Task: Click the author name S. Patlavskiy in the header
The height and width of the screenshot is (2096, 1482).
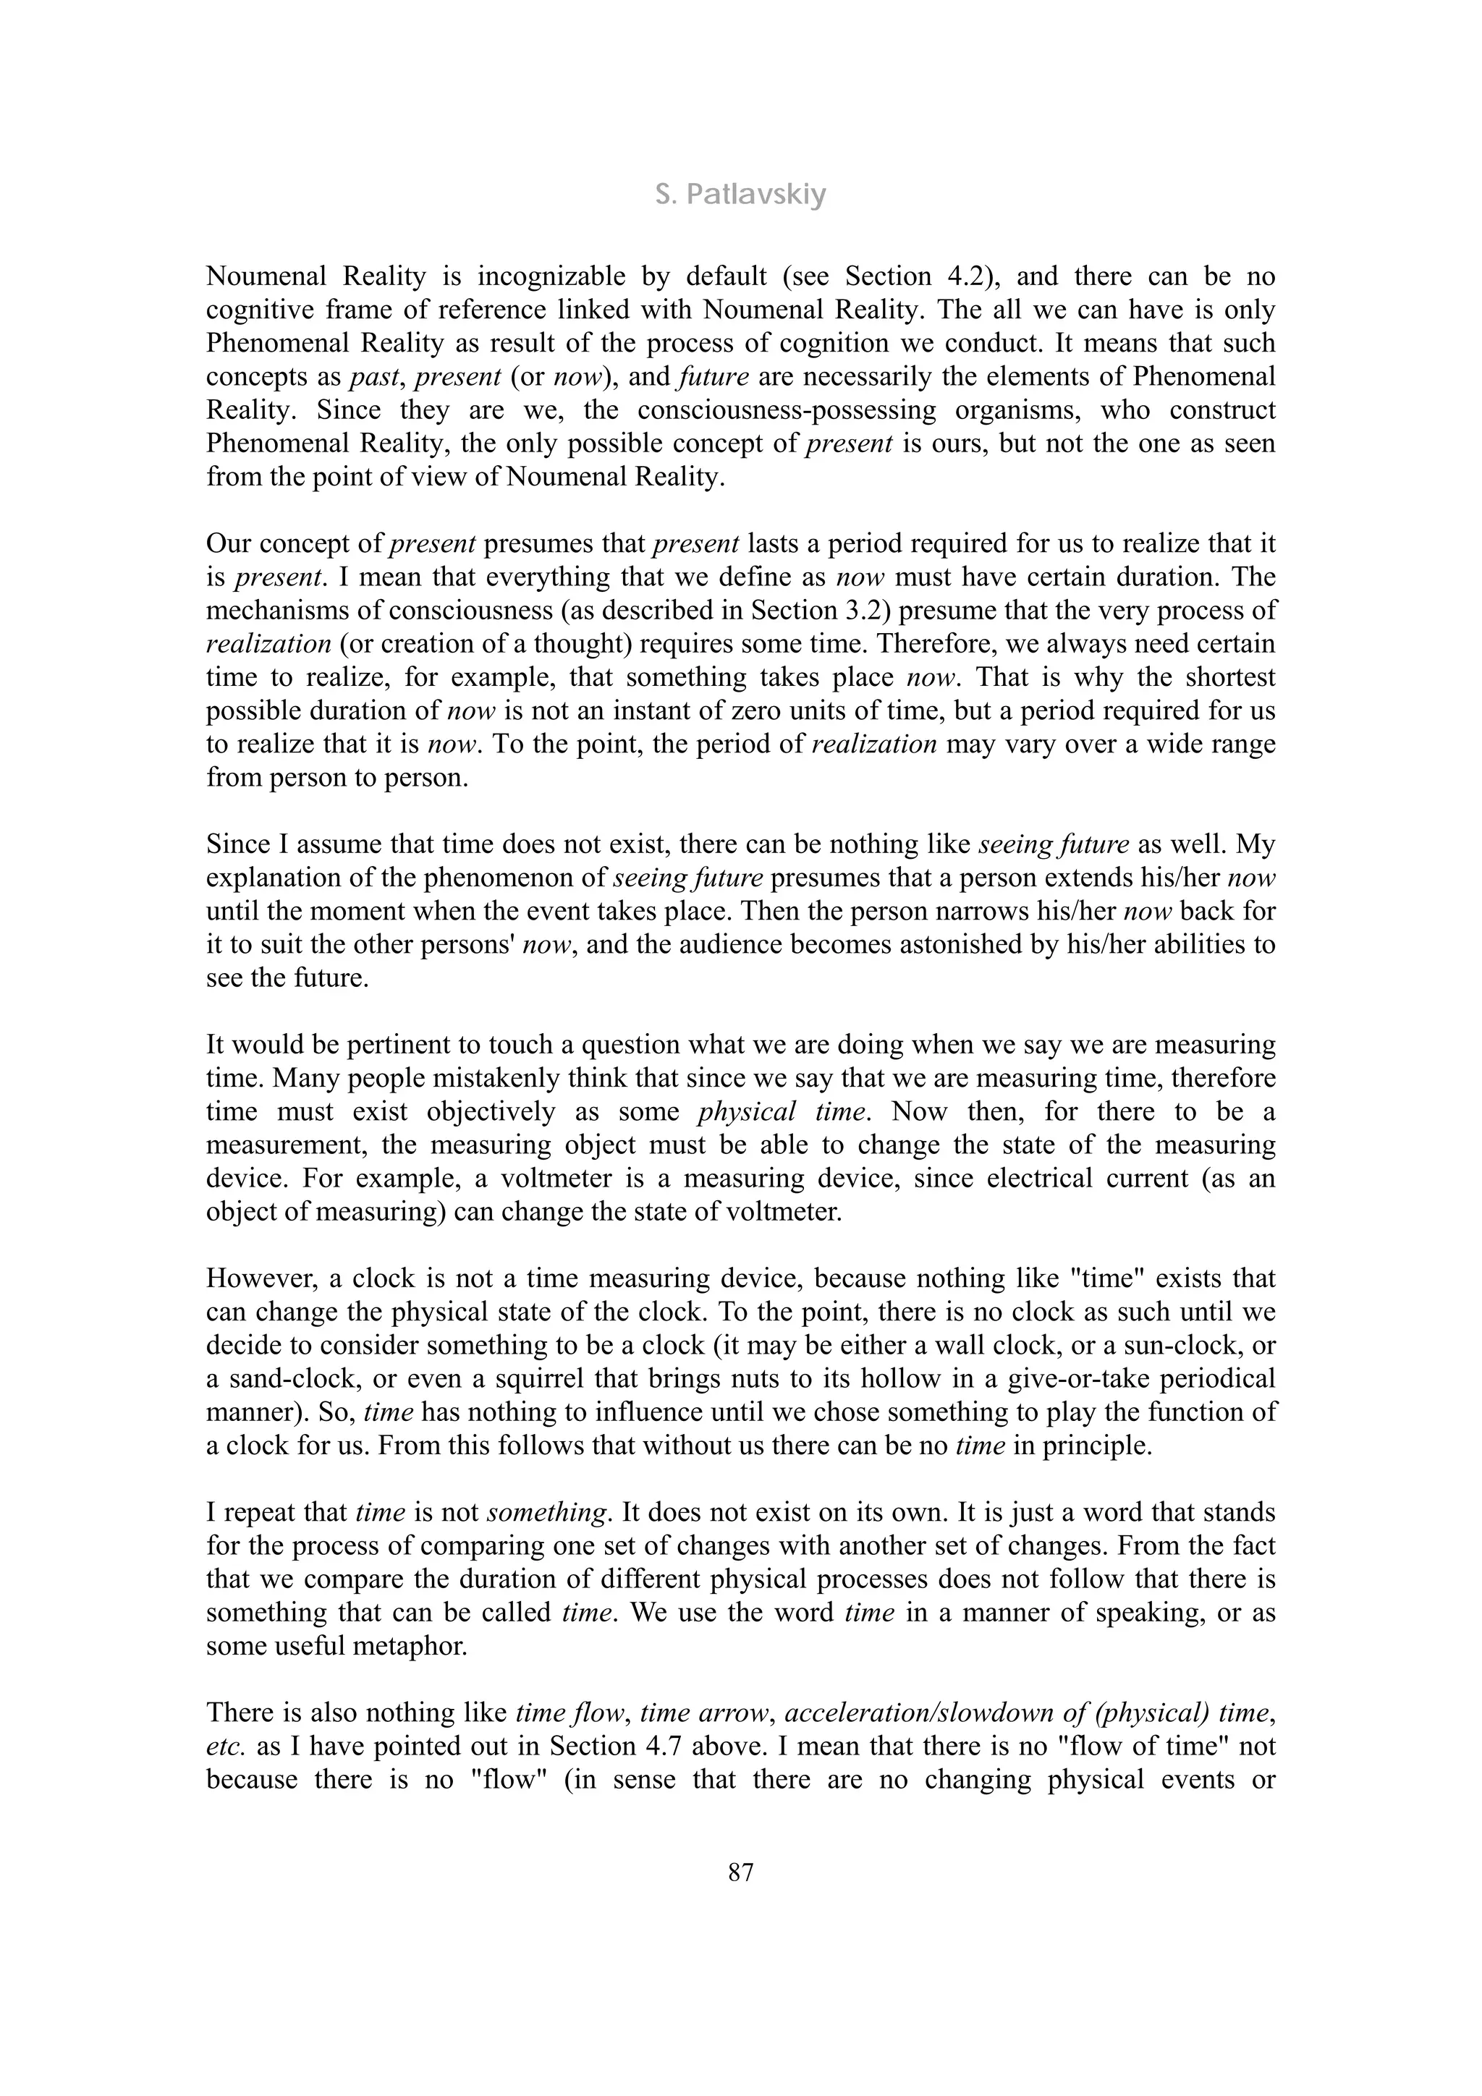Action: coord(740,195)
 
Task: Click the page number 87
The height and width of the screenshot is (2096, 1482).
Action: coord(740,1873)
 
